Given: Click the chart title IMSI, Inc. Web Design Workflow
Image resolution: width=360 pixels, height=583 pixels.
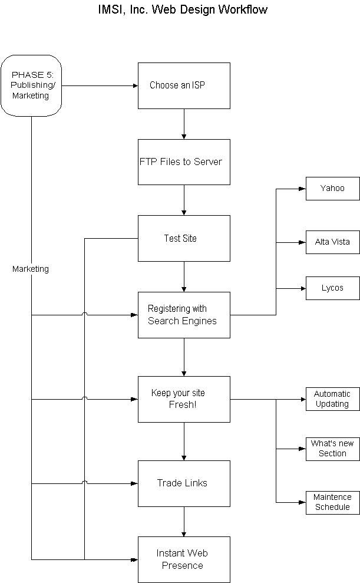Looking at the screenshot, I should click(183, 9).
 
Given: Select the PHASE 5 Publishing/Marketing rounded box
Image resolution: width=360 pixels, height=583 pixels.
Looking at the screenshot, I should click(31, 85).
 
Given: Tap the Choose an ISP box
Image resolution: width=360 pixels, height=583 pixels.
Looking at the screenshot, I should click(184, 85).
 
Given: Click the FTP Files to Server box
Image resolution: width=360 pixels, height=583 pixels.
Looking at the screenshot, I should click(184, 162).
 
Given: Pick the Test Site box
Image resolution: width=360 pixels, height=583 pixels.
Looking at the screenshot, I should click(184, 238).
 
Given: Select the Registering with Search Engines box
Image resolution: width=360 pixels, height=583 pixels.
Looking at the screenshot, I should click(184, 315).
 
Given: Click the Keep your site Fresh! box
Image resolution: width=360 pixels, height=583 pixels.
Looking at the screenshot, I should click(184, 399).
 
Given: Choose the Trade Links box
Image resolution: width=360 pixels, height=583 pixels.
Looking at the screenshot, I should click(184, 483).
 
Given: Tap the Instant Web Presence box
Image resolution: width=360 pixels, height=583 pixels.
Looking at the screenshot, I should click(184, 559).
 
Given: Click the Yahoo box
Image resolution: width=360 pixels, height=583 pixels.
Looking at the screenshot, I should click(332, 189).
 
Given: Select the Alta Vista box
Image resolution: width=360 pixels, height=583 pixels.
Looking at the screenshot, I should click(332, 242).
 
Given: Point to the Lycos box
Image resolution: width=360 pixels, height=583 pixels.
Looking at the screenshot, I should click(332, 288).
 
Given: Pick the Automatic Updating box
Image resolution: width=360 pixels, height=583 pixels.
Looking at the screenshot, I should click(332, 399).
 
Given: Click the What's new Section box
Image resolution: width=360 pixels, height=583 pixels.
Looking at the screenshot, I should click(332, 449).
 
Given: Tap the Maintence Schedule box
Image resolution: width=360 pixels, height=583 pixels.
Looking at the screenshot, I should click(332, 502).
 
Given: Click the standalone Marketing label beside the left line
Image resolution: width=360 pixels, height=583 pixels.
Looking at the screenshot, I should click(31, 269).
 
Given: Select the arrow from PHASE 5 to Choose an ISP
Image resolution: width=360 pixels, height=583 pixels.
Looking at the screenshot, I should click(100, 85).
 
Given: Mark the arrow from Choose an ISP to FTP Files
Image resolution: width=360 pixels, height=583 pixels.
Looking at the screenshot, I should click(184, 124).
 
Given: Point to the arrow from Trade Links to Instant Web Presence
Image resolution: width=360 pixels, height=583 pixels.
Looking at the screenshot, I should click(184, 521).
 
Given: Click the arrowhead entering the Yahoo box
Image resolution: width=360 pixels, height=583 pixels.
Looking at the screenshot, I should click(302, 189).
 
